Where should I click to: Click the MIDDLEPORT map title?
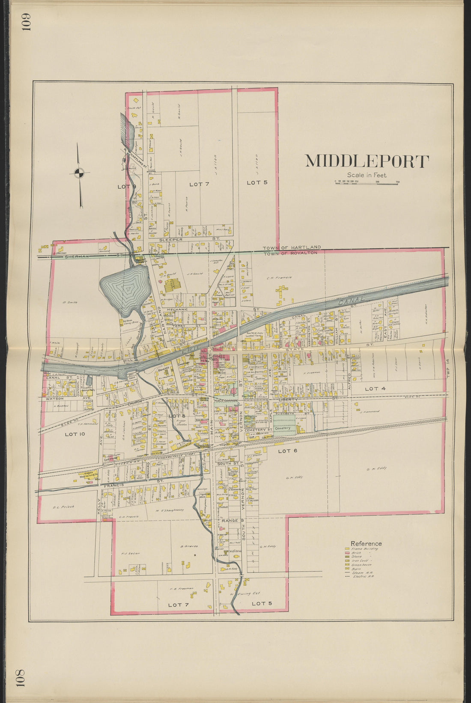tap(367, 161)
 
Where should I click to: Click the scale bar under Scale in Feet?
tap(367, 183)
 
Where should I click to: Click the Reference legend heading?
tap(366, 543)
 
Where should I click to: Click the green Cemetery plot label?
tap(283, 428)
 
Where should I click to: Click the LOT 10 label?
tap(75, 434)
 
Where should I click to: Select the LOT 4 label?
tap(375, 389)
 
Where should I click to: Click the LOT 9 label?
tap(127, 186)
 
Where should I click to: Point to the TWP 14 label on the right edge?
tap(447, 367)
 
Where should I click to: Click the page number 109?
tap(27, 22)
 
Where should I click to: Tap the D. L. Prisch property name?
tap(64, 507)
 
